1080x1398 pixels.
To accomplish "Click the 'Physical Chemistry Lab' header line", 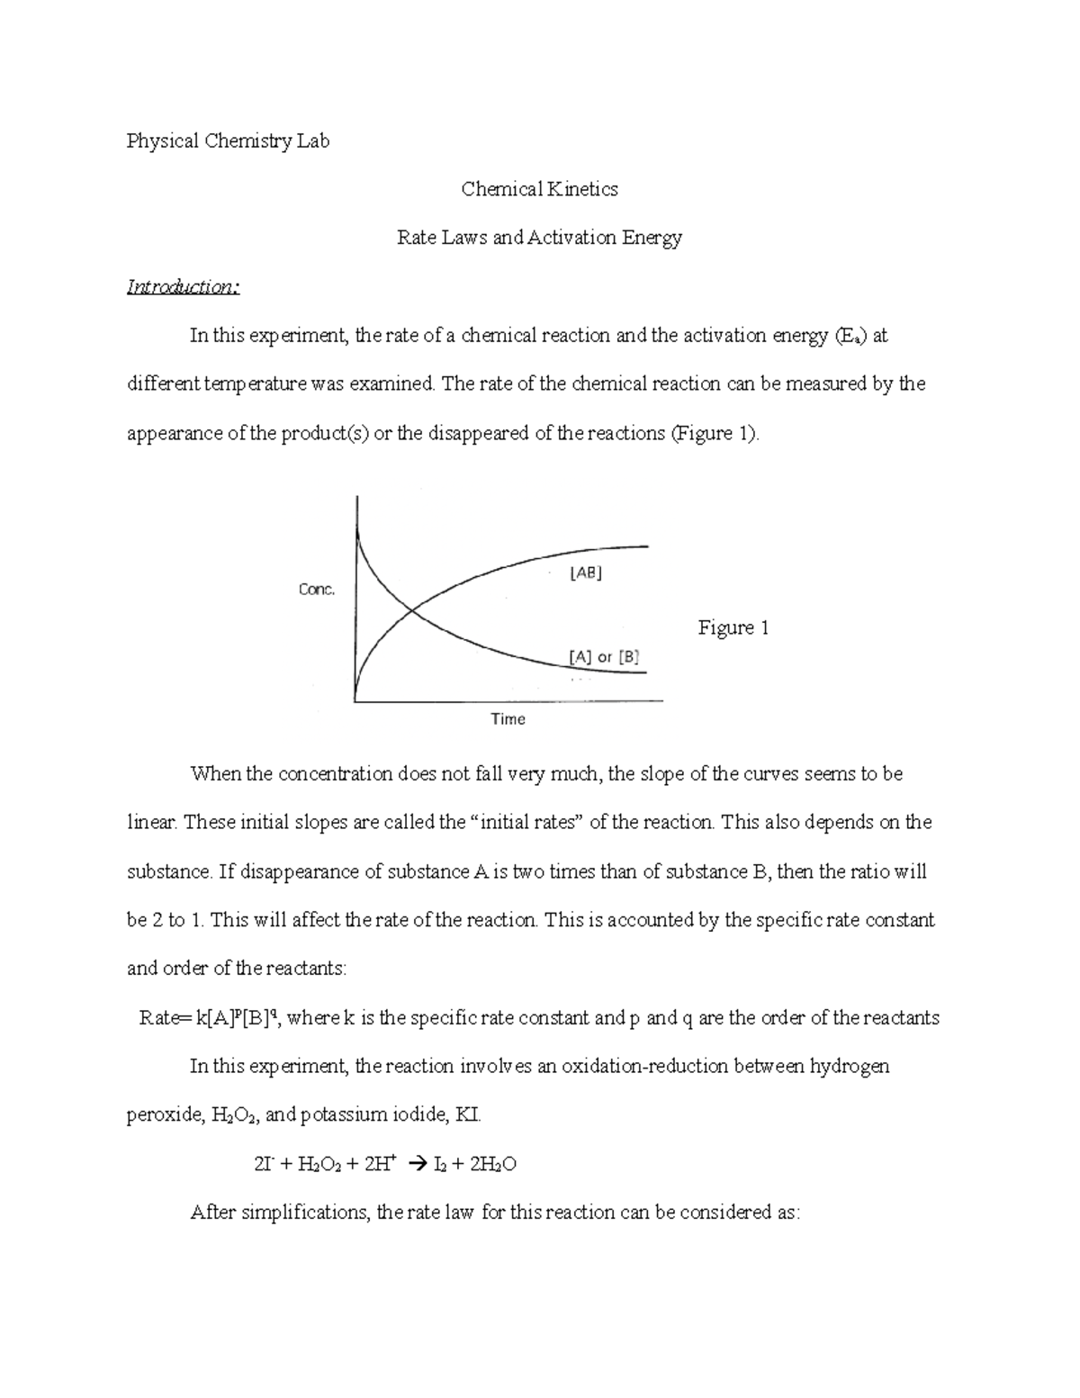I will coord(228,141).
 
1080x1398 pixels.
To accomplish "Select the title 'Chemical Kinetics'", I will coord(539,189).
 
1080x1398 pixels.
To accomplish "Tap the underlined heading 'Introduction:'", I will coord(183,287).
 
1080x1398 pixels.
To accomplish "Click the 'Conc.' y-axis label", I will coord(317,590).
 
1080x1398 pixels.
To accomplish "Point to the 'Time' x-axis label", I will coord(508,719).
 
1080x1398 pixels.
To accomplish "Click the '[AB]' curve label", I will coord(586,573).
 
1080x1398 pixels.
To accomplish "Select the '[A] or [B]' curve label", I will coord(604,657).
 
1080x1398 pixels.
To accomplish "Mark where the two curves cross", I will coord(413,611).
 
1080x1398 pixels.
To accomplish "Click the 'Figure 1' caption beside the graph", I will coord(733,627).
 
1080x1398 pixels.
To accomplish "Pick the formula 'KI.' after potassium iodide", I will coord(469,1115).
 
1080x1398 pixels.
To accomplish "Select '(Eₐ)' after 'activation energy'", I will coord(850,337).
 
